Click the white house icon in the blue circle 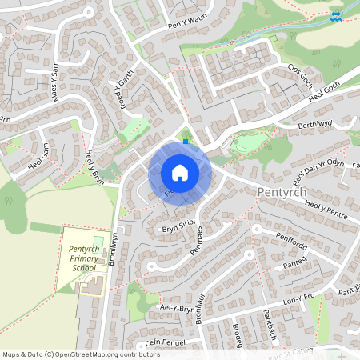[x=179, y=173]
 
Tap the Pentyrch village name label [x=288, y=193]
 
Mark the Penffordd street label [x=291, y=242]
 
